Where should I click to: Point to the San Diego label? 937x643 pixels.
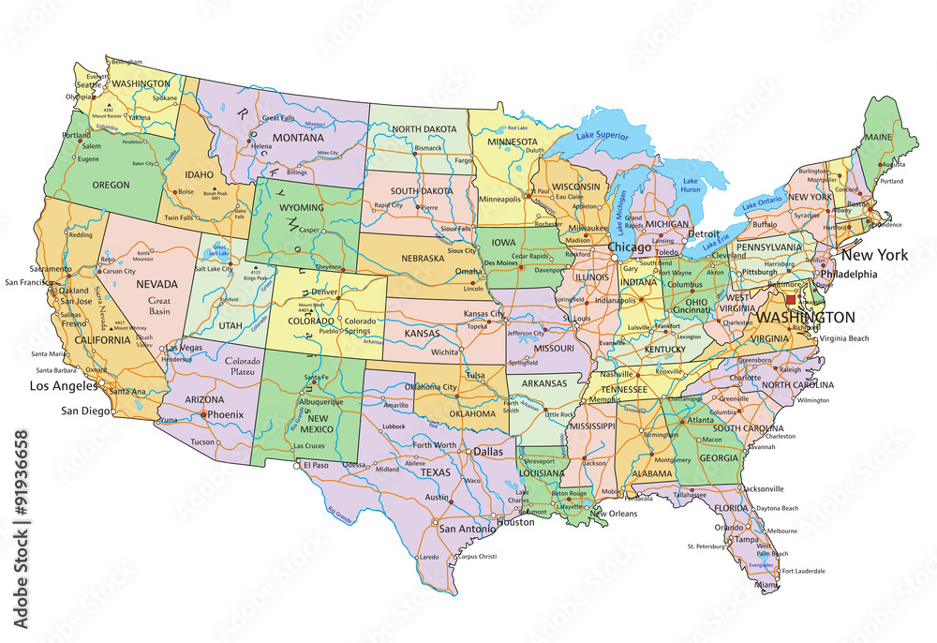[x=83, y=411]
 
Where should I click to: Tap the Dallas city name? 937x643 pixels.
[x=488, y=451]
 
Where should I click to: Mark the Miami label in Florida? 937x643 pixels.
[x=766, y=585]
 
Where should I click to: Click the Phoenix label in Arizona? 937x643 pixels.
[x=225, y=414]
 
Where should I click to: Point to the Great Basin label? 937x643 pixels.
[x=160, y=306]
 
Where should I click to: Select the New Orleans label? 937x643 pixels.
[x=613, y=513]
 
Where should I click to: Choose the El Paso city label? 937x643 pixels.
[x=316, y=465]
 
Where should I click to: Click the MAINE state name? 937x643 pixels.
[x=878, y=138]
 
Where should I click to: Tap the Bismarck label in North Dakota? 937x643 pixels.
[x=428, y=148]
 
